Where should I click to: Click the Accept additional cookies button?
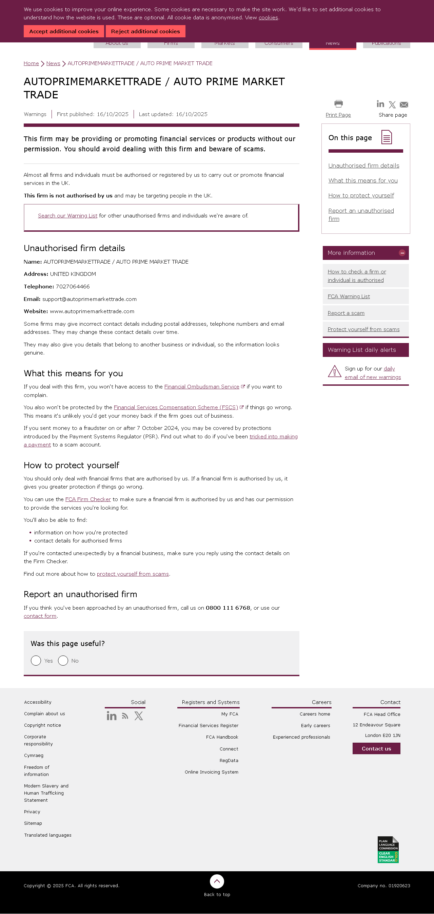point(64,31)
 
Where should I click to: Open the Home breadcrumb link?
point(31,63)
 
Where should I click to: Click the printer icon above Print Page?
point(339,103)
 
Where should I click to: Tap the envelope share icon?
point(404,105)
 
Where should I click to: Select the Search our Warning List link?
point(67,216)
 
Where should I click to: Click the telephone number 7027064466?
point(73,287)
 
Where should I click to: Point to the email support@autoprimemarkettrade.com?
point(90,299)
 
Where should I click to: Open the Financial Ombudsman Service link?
point(202,387)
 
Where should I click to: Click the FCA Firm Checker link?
point(88,499)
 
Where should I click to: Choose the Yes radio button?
point(36,661)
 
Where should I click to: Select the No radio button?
point(63,661)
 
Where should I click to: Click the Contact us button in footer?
point(376,749)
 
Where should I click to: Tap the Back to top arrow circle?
point(217,881)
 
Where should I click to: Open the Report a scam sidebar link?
point(346,313)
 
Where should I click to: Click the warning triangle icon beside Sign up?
point(334,372)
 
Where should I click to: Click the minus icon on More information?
point(402,253)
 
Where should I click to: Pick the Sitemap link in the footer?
point(33,823)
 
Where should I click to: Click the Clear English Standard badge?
point(388,850)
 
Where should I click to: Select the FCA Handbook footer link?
point(222,737)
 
